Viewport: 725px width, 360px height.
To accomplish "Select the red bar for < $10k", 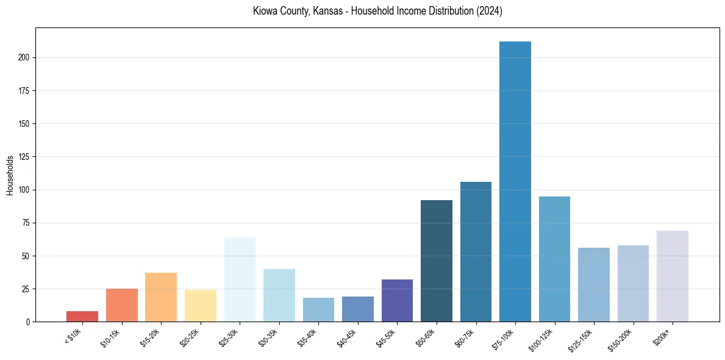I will [x=82, y=317].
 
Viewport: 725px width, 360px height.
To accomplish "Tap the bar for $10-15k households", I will [x=122, y=305].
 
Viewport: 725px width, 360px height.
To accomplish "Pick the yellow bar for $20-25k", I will [x=201, y=306].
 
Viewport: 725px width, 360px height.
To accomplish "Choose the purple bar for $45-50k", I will [x=397, y=301].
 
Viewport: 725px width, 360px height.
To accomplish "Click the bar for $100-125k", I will [x=554, y=259].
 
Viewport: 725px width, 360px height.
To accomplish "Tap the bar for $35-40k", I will [x=318, y=310].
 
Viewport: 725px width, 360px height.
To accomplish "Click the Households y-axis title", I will [x=10, y=175].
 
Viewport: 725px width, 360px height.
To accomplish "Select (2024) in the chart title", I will [x=490, y=12].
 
